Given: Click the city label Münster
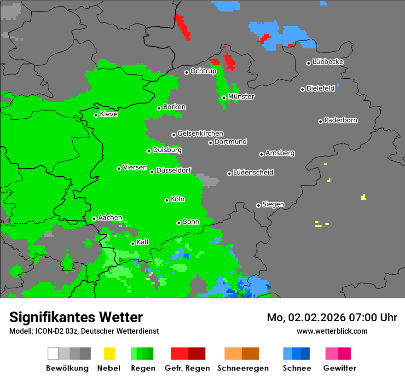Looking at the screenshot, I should point(241,97).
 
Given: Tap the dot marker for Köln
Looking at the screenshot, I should point(167,200).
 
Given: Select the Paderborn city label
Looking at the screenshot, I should point(341,120).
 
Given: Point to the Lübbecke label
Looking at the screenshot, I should point(328,62).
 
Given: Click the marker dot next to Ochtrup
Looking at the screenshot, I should point(186,72).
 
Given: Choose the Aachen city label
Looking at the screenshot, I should point(110,218).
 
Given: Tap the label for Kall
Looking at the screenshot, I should point(143,242).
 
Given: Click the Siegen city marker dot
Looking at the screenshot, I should point(258,205).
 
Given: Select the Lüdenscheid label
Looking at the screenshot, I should point(253,173).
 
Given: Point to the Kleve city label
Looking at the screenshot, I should point(109,114).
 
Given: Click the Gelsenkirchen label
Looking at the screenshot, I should point(200,133).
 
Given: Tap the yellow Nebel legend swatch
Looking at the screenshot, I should point(109,353).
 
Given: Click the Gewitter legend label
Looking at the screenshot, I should point(339,368).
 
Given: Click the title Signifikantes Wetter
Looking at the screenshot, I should point(76,317).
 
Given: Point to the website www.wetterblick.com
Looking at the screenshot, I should point(332,331).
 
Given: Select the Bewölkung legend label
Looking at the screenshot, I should point(67,368).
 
